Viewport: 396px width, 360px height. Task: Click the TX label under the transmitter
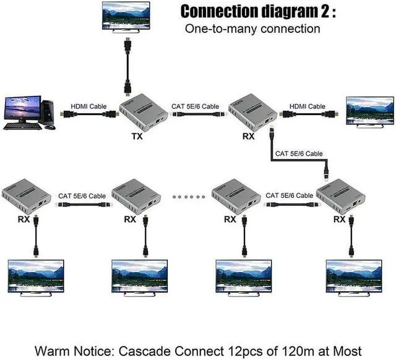pyautogui.click(x=137, y=137)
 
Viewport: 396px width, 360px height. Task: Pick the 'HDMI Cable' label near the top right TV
pyautogui.click(x=307, y=106)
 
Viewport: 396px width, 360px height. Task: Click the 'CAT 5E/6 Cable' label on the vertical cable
pyautogui.click(x=298, y=153)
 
